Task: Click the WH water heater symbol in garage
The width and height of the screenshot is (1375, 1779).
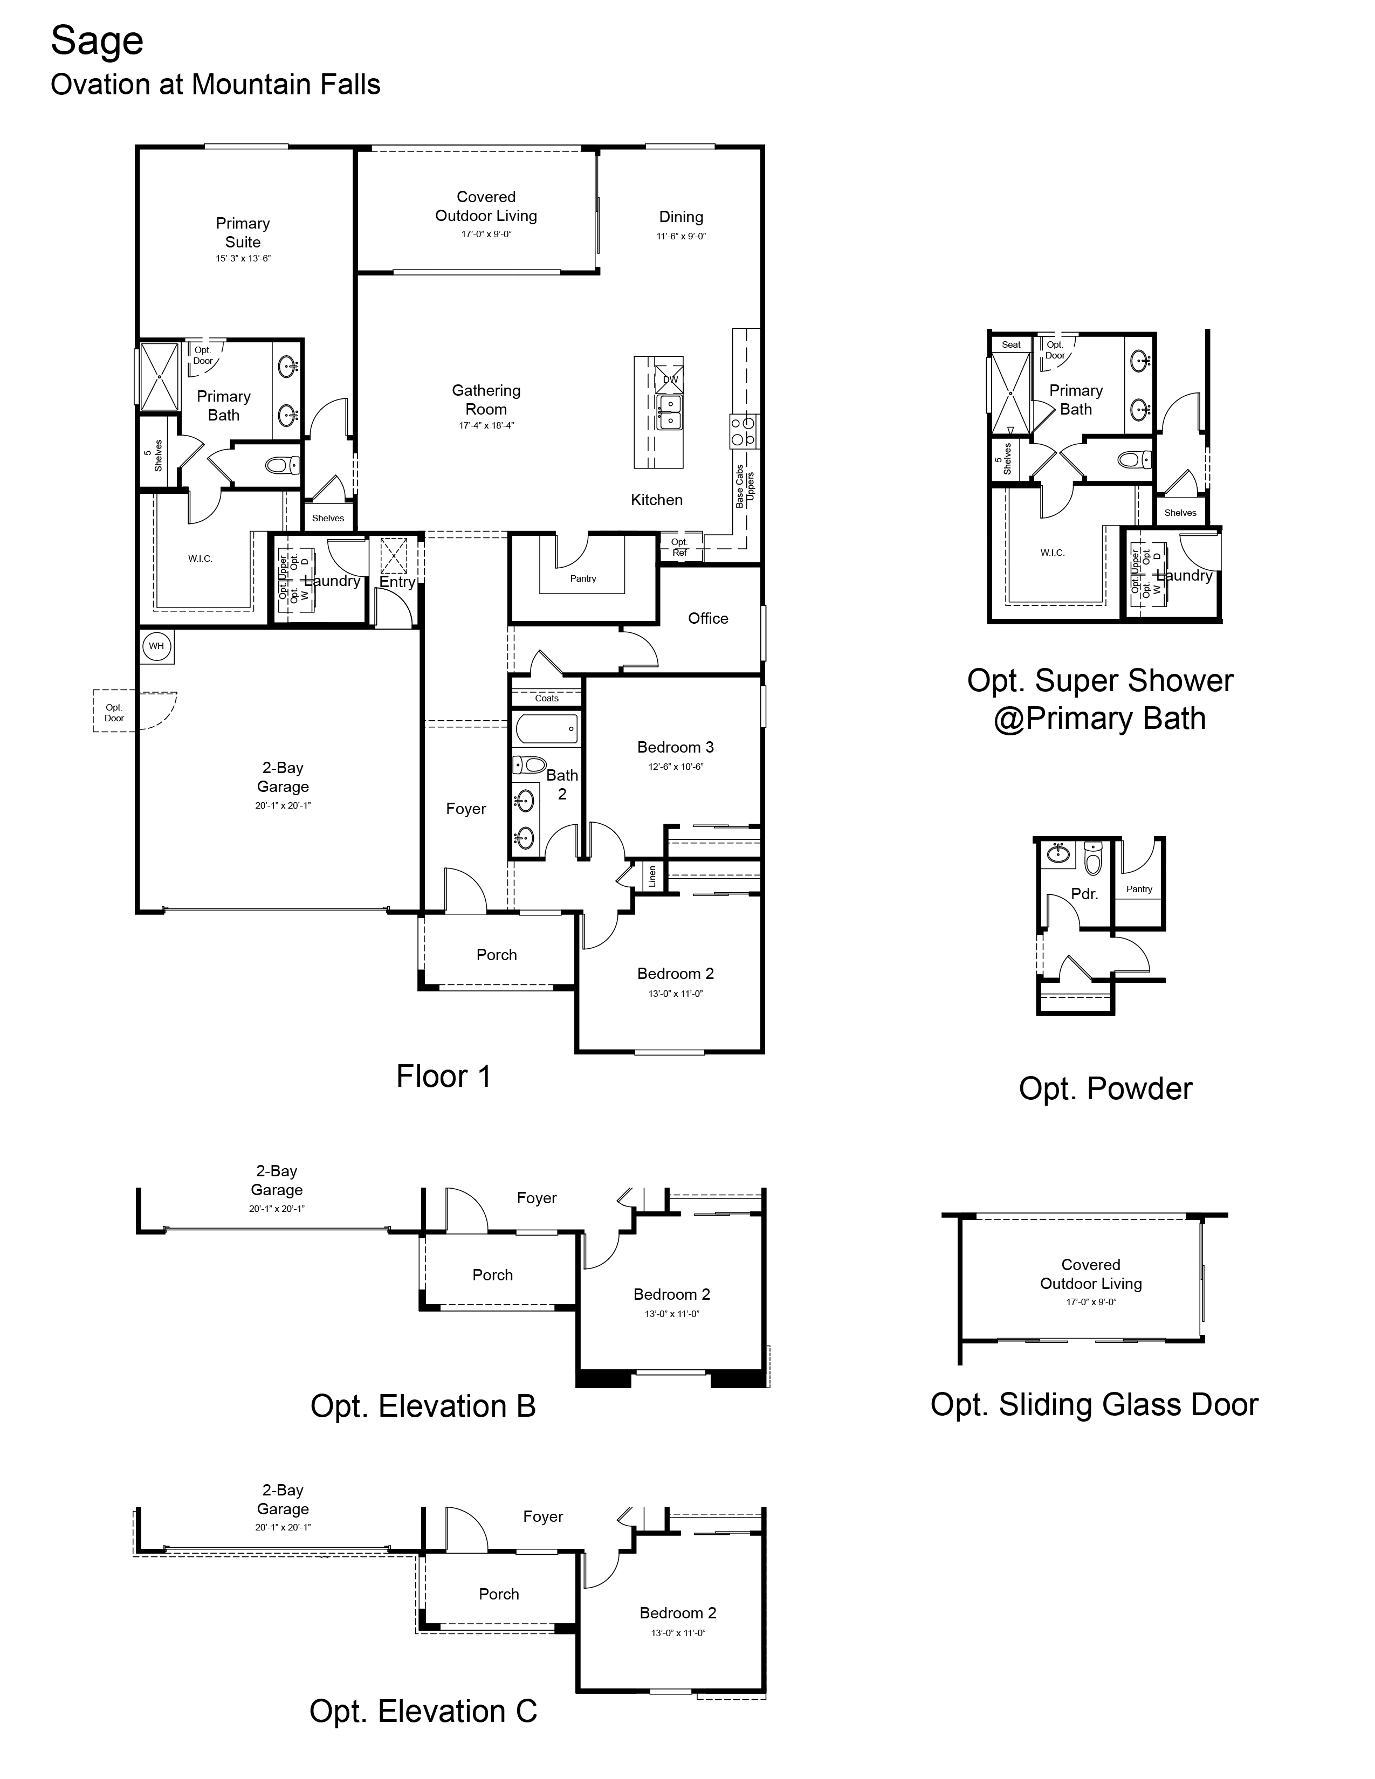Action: [x=156, y=646]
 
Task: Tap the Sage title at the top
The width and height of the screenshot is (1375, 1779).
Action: [x=97, y=41]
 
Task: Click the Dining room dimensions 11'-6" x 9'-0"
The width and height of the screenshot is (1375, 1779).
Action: [x=681, y=236]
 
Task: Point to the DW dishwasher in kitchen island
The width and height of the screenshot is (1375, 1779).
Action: [x=670, y=380]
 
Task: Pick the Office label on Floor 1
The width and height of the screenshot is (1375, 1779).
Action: [x=708, y=618]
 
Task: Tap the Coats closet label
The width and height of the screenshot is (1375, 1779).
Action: [x=547, y=698]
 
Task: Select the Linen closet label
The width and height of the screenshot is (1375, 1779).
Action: [x=652, y=877]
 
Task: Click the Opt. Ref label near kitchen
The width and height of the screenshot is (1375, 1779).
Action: [x=679, y=547]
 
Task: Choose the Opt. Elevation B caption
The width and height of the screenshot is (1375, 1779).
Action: [x=423, y=1406]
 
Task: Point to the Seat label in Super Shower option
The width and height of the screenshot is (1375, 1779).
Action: [x=1011, y=344]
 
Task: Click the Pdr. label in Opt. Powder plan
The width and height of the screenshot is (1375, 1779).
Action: [x=1084, y=894]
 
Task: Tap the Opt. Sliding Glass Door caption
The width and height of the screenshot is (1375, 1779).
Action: [x=1094, y=1404]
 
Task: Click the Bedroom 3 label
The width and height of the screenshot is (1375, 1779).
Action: [x=675, y=747]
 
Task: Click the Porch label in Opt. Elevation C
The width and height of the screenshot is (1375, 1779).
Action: [x=499, y=1594]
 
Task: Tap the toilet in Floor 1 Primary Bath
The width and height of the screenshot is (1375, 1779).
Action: [x=280, y=465]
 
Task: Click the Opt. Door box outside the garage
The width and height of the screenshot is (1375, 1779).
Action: [x=114, y=713]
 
